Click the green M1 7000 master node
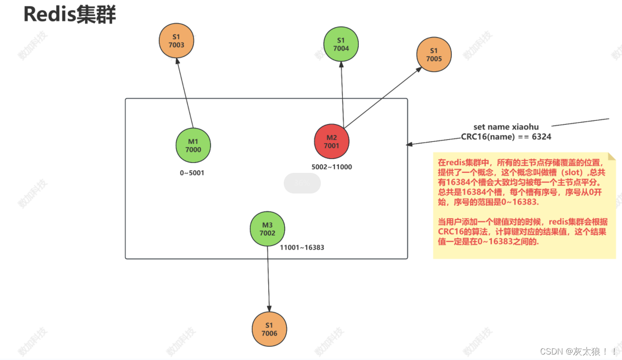click(x=193, y=145)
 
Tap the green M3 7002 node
click(x=267, y=229)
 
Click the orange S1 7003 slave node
click(x=176, y=41)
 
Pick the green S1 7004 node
click(x=341, y=44)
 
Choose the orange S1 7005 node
click(x=434, y=54)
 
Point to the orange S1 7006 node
click(x=269, y=329)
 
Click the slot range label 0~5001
click(x=192, y=173)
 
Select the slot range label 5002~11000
click(x=331, y=167)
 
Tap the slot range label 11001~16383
click(x=302, y=247)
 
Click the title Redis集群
click(x=70, y=15)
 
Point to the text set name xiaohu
click(x=506, y=127)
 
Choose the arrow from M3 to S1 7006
click(x=269, y=279)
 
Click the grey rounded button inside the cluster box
click(x=302, y=183)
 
